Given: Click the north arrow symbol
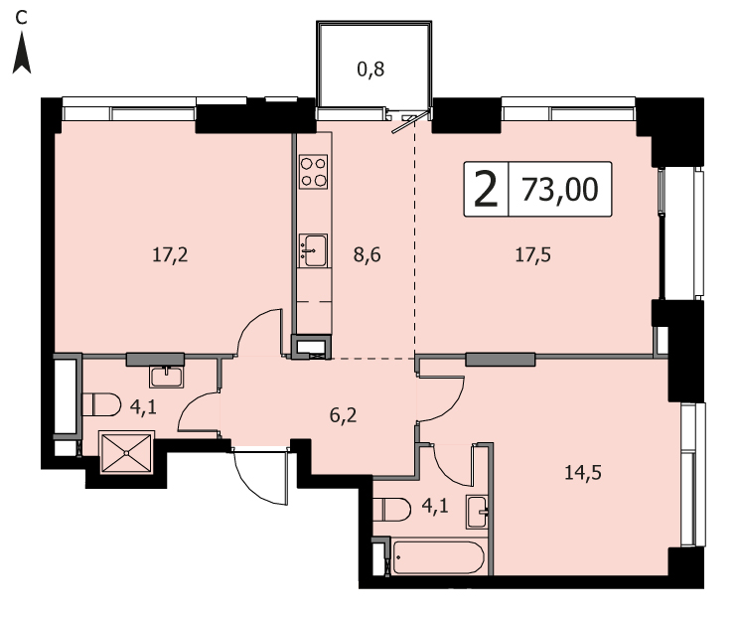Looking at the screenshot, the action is pyautogui.click(x=21, y=53).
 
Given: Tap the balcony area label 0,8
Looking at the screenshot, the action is pyautogui.click(x=370, y=70).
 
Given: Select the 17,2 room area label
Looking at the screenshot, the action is pyautogui.click(x=170, y=255).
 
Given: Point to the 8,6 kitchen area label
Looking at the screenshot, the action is pyautogui.click(x=368, y=255).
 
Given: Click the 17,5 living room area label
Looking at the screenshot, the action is pyautogui.click(x=532, y=255).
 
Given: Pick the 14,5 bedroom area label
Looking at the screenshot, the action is pyautogui.click(x=583, y=472).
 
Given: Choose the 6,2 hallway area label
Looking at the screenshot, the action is pyautogui.click(x=343, y=415).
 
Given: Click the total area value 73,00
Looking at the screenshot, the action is pyautogui.click(x=560, y=190).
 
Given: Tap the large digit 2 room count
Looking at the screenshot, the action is pyautogui.click(x=486, y=190).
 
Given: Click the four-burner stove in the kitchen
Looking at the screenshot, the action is pyautogui.click(x=314, y=172).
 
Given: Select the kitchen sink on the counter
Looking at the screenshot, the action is pyautogui.click(x=314, y=250).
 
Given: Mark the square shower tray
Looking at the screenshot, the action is pyautogui.click(x=127, y=453).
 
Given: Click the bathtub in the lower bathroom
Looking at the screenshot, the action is pyautogui.click(x=438, y=557).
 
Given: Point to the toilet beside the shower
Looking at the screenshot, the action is pyautogui.click(x=101, y=404).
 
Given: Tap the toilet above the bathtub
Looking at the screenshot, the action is pyautogui.click(x=391, y=509).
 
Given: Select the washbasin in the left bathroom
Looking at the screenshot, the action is pyautogui.click(x=166, y=377).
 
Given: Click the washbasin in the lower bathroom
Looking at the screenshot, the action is pyautogui.click(x=477, y=512).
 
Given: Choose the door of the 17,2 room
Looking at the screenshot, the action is pyautogui.click(x=260, y=332).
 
